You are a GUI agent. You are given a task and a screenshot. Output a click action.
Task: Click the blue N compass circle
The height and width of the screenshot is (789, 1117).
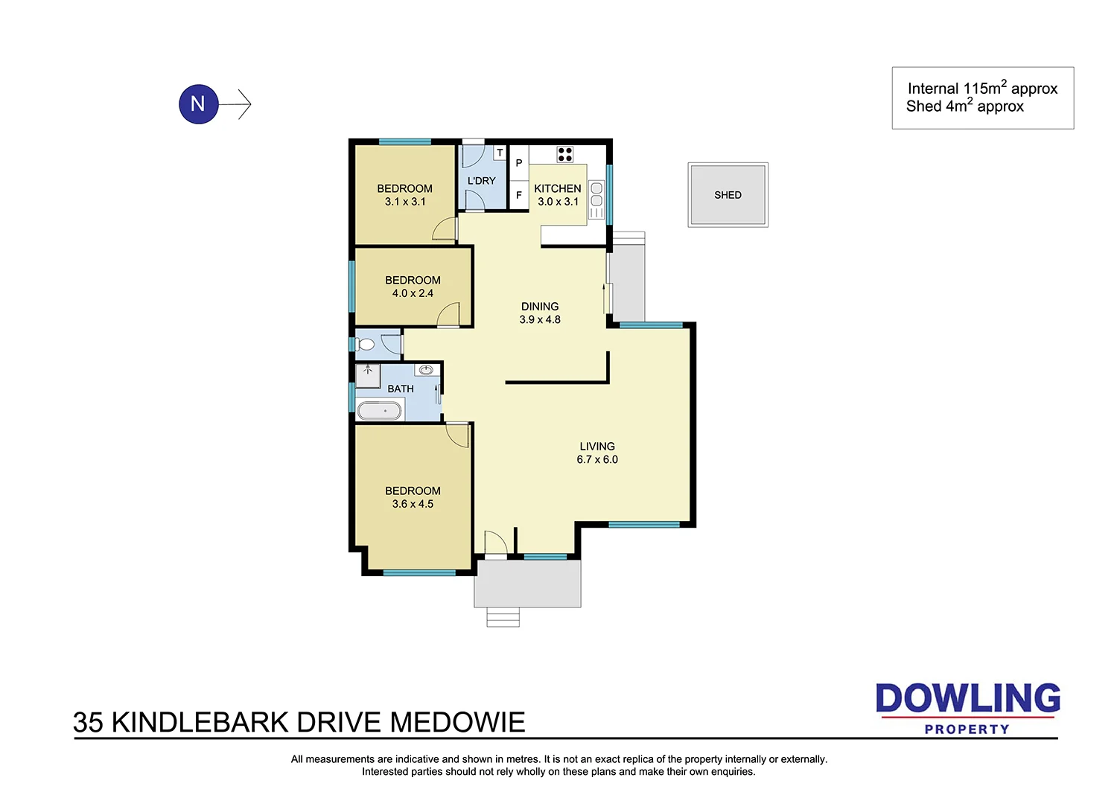(198, 103)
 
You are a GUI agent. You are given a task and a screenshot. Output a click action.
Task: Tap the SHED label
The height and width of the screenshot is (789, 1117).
(728, 195)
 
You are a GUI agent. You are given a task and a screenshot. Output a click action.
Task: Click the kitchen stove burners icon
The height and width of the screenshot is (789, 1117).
(565, 154)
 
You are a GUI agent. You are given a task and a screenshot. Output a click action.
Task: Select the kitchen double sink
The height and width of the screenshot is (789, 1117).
(596, 195)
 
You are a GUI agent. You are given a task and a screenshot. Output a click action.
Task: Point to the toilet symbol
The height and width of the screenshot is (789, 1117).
(365, 345)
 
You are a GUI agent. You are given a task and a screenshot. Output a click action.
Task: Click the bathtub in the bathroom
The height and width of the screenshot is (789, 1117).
(380, 410)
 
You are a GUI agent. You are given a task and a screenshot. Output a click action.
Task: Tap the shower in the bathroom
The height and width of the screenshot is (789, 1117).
(368, 375)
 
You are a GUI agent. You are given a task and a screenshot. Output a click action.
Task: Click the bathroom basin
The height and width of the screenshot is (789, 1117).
(427, 370)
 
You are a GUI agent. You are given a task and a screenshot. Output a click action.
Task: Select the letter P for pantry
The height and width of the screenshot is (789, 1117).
(519, 163)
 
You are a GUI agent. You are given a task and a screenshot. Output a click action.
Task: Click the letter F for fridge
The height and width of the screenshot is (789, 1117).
(519, 195)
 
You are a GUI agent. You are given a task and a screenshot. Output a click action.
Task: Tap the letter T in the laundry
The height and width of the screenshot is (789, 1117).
(500, 153)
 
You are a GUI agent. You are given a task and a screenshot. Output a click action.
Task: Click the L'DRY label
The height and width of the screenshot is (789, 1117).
(481, 181)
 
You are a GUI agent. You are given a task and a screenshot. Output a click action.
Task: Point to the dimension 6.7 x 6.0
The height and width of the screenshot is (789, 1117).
(597, 460)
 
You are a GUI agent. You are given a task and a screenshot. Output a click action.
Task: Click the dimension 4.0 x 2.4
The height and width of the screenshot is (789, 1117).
(413, 293)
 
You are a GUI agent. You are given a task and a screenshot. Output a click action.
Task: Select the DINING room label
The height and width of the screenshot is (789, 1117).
(540, 306)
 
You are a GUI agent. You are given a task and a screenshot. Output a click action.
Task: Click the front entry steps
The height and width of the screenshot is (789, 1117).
(503, 617)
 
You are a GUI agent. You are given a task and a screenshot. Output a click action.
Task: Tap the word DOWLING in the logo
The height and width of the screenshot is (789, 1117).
(967, 698)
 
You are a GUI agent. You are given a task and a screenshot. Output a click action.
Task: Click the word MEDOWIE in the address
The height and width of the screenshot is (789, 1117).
(457, 723)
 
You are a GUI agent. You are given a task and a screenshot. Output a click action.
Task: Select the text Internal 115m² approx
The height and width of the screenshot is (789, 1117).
(982, 89)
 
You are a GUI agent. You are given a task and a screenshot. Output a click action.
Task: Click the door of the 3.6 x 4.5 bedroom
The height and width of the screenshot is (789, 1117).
(457, 435)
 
